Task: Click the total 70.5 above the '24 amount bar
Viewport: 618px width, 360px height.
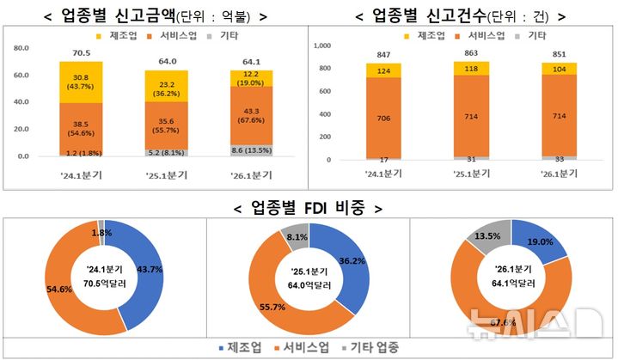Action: coord(81,52)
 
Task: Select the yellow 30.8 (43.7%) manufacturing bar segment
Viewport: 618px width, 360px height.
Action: coord(81,82)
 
